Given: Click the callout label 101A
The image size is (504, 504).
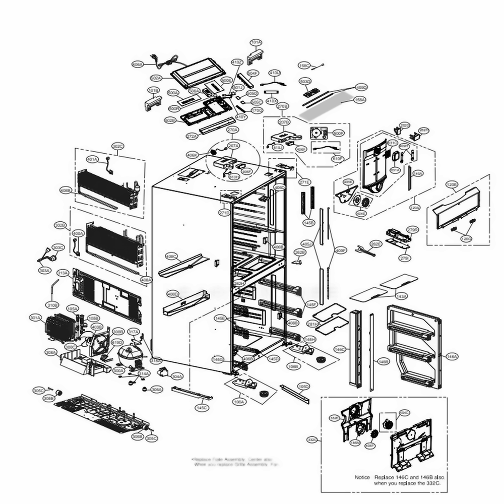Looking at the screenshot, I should (x=256, y=42).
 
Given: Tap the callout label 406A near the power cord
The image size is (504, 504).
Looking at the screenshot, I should (x=138, y=65).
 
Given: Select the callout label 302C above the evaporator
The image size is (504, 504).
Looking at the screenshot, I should (x=117, y=147).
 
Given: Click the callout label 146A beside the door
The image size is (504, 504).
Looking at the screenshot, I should (x=452, y=356).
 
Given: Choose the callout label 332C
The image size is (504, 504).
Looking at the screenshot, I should (x=312, y=440).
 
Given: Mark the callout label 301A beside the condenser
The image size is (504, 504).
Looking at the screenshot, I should (x=35, y=318).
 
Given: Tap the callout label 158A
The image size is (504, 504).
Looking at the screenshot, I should (x=360, y=100).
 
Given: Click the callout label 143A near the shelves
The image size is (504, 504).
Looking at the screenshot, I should (x=401, y=296).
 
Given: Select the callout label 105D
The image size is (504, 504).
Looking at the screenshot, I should (x=303, y=387).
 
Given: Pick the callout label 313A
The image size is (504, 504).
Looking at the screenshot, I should (x=62, y=273).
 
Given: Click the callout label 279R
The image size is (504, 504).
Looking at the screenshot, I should (x=412, y=230).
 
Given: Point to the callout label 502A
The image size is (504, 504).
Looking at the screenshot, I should (x=156, y=78).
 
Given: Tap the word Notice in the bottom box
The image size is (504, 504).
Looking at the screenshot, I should (x=362, y=477).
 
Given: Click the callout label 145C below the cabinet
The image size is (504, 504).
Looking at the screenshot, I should (x=202, y=407).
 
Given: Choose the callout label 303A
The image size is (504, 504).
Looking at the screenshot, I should (x=45, y=271).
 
